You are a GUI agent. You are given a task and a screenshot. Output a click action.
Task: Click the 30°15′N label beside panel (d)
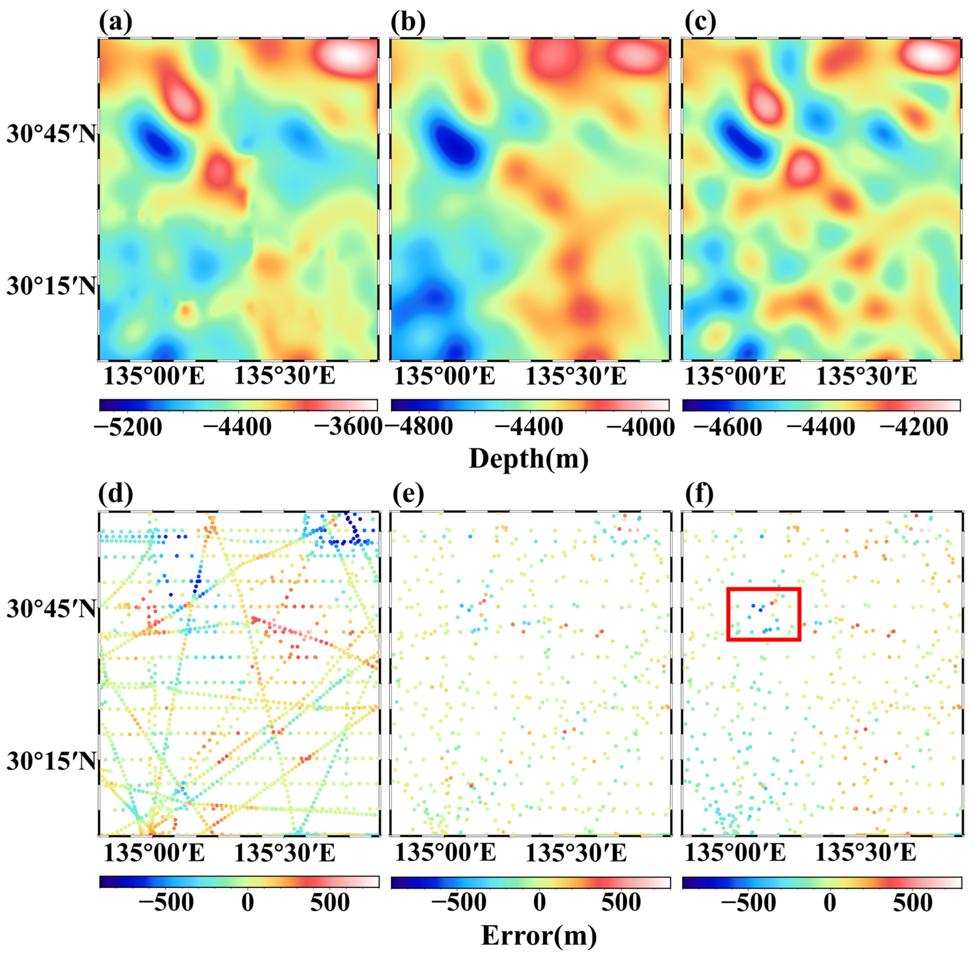(50, 762)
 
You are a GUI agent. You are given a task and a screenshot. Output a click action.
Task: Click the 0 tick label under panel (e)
(539, 902)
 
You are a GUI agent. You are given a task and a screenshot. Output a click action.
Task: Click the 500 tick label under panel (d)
(330, 902)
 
